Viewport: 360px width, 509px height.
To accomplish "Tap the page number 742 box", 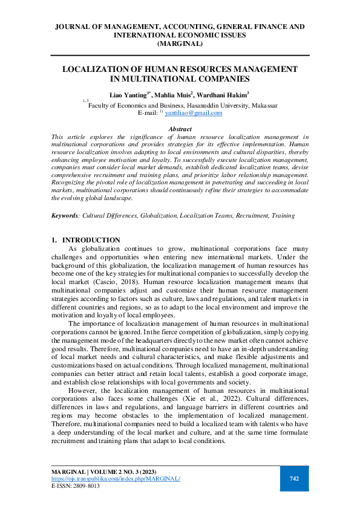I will tap(294, 478).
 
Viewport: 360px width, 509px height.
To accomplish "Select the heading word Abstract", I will tap(180, 129).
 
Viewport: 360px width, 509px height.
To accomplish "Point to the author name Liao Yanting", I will tap(128, 96).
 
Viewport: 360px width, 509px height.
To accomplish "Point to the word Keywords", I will tap(65, 215).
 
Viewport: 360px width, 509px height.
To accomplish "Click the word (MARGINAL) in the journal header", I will tap(180, 44).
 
